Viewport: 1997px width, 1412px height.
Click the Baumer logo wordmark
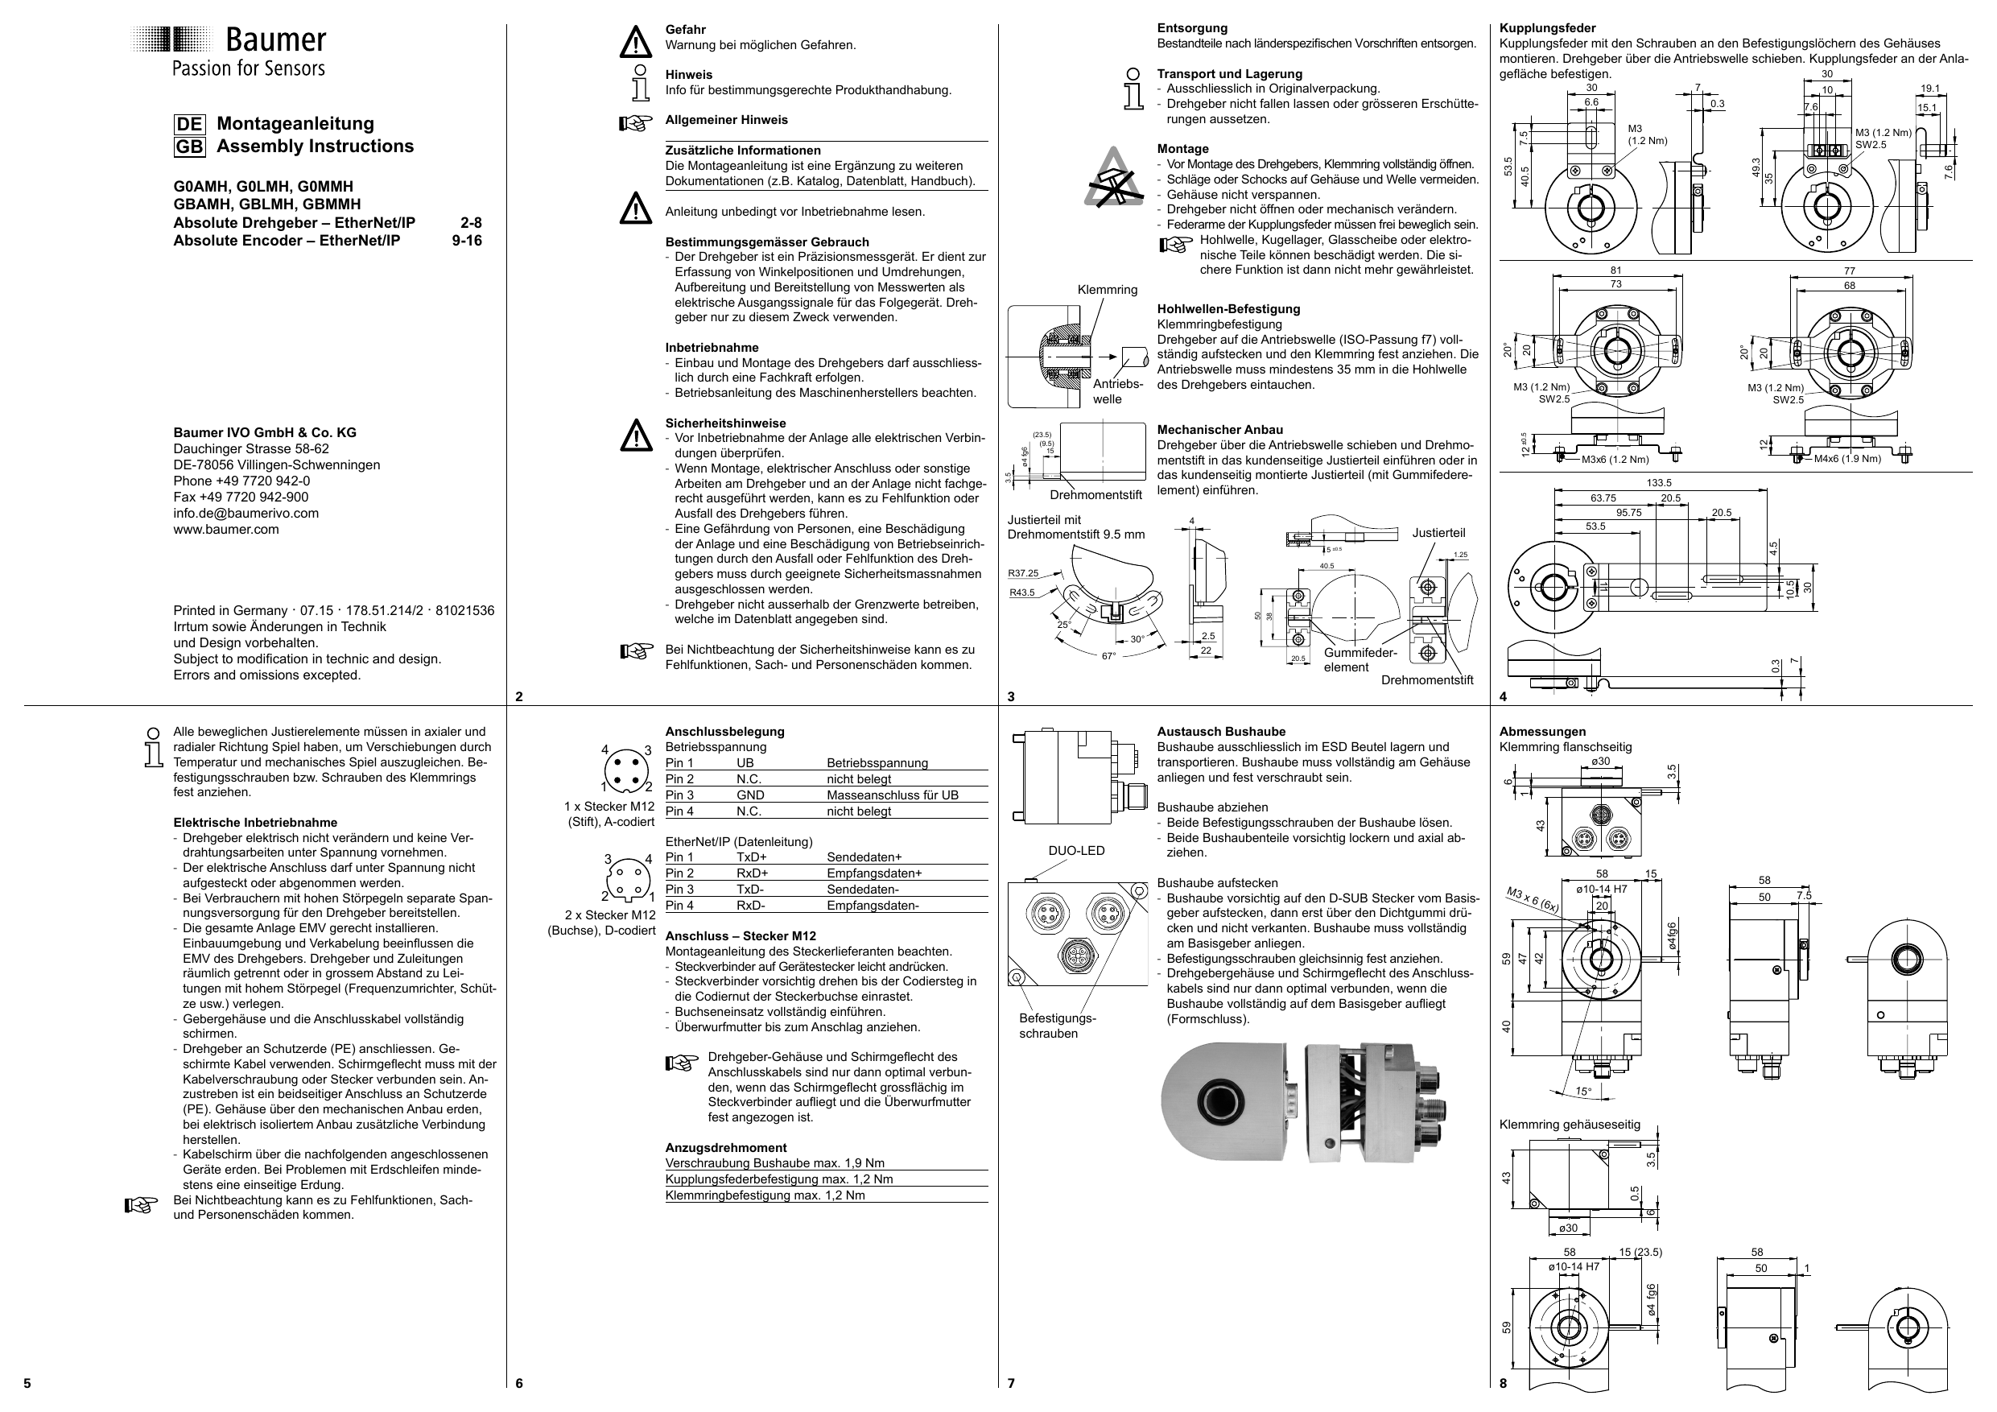click(x=274, y=40)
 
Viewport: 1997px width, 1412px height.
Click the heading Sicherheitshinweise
click(x=725, y=423)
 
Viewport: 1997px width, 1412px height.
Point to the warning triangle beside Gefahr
click(x=636, y=42)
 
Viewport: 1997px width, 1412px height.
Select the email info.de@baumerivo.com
click(x=246, y=513)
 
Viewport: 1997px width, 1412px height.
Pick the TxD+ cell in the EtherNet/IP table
click(x=753, y=857)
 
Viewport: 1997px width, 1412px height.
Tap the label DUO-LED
click(x=1076, y=850)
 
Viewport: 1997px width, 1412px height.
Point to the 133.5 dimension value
click(x=1658, y=483)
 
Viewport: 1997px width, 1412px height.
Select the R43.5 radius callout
click(x=1022, y=592)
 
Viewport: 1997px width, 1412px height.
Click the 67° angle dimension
click(x=1108, y=655)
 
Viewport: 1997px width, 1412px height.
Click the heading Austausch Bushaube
click(x=1220, y=732)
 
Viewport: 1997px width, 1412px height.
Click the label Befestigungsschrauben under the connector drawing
click(x=1057, y=1026)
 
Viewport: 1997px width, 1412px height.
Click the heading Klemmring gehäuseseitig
click(x=1569, y=1124)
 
